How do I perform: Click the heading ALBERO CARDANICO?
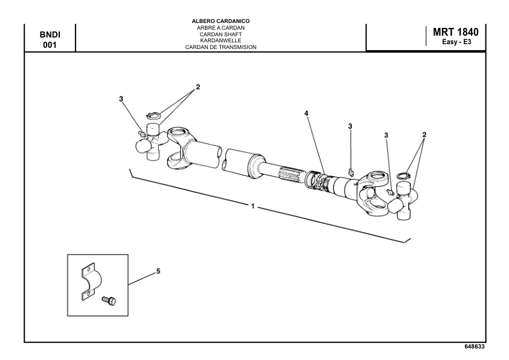pyautogui.click(x=220, y=21)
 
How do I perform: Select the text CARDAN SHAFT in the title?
pyautogui.click(x=220, y=34)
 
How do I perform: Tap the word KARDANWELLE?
pyautogui.click(x=220, y=40)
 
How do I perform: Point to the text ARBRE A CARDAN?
pyautogui.click(x=220, y=28)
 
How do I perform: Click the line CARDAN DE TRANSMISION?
pyautogui.click(x=220, y=47)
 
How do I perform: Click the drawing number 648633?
pyautogui.click(x=473, y=347)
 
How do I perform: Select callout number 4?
pyautogui.click(x=306, y=113)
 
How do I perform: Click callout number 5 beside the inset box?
pyautogui.click(x=158, y=272)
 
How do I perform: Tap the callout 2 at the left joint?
pyautogui.click(x=198, y=87)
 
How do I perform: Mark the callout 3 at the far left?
pyautogui.click(x=121, y=99)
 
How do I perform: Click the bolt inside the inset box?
pyautogui.click(x=109, y=299)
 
